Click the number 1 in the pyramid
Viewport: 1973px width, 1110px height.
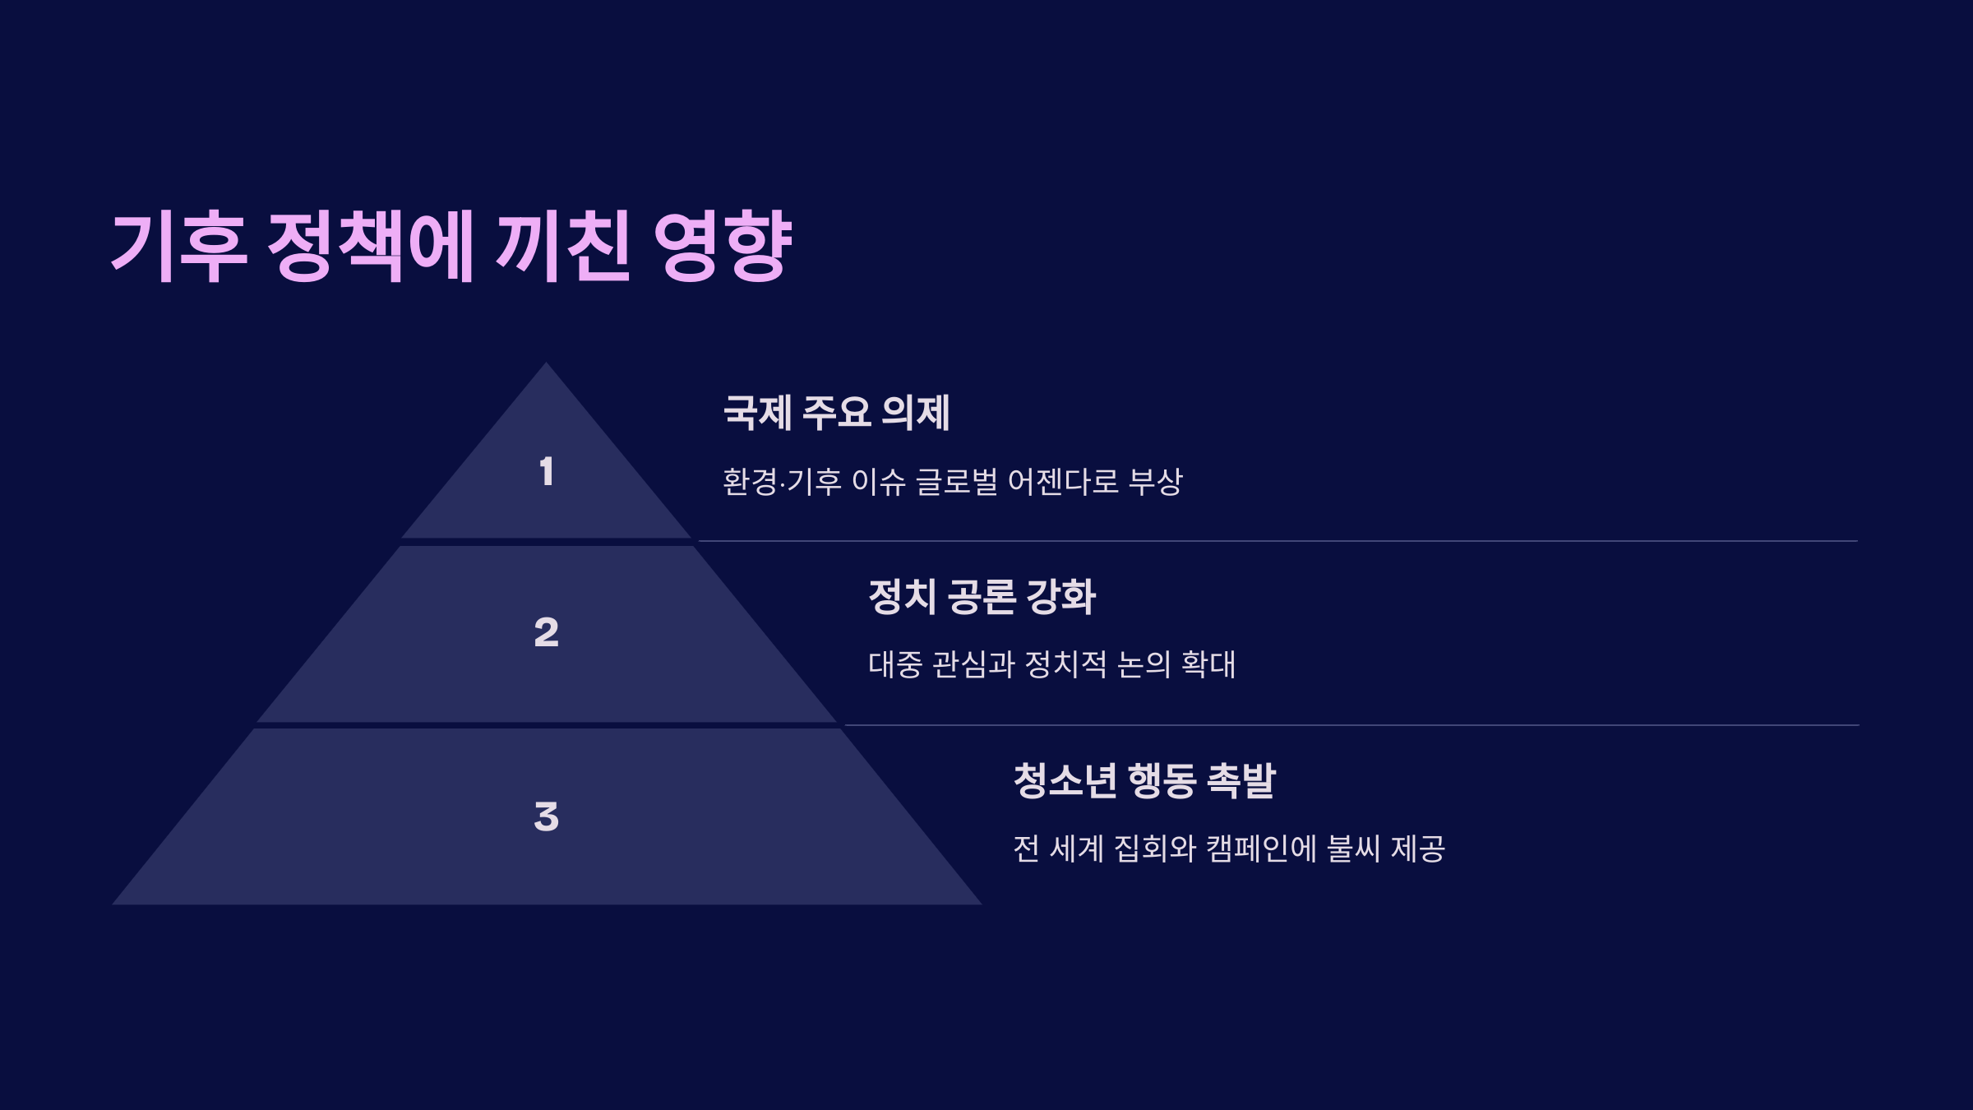[x=547, y=472]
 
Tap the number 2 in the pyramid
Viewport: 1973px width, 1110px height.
[x=547, y=632]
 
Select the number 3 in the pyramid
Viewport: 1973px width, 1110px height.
[x=547, y=817]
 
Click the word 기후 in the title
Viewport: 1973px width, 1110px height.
[x=178, y=246]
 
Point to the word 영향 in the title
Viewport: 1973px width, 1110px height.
[x=723, y=246]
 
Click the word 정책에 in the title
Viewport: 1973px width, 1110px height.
[x=371, y=246]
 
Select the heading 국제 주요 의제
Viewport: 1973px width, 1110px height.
[x=836, y=413]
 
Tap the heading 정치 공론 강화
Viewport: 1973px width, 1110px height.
[x=982, y=597]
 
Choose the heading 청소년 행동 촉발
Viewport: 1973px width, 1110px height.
[x=1144, y=780]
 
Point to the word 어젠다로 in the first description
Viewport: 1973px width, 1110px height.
[x=1063, y=482]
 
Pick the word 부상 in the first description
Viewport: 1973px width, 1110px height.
[x=1156, y=482]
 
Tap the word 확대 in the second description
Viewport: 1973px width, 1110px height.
[x=1208, y=664]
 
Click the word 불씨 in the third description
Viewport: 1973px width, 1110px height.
[x=1353, y=849]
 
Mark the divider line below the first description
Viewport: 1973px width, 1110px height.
[x=1274, y=541]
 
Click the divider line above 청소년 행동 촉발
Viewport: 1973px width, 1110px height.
[x=1348, y=725]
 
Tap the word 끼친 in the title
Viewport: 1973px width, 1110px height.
[x=563, y=246]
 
